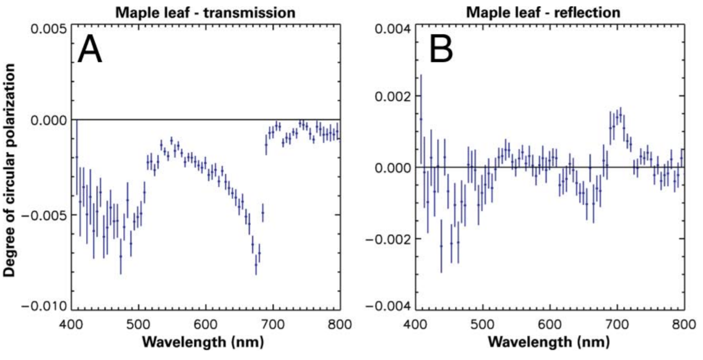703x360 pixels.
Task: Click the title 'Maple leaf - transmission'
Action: (x=206, y=11)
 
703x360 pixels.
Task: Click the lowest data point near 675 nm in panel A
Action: (x=256, y=264)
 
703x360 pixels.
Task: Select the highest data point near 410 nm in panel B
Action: (x=421, y=119)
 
